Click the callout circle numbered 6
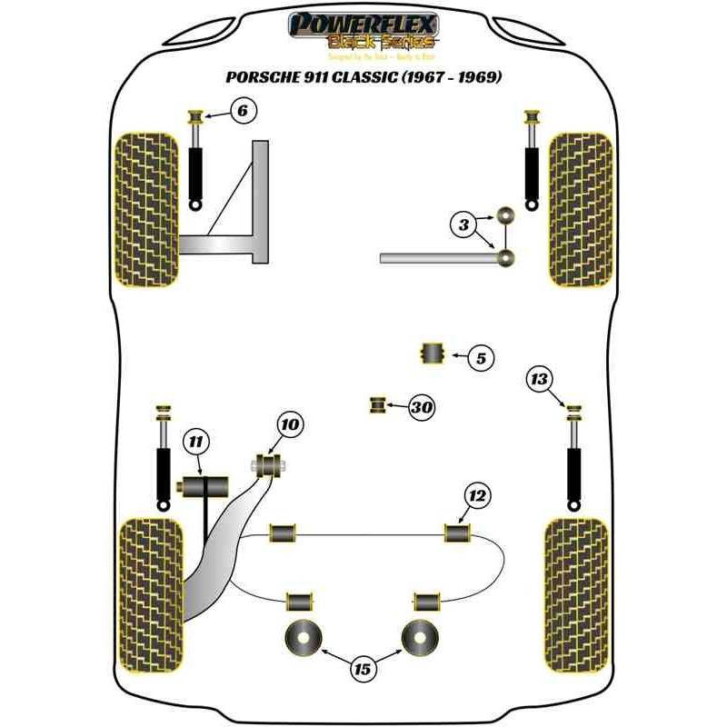[242, 112]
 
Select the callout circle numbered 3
[463, 223]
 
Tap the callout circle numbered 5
[481, 359]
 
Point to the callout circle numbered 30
[421, 407]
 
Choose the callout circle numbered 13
[540, 379]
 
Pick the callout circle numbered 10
[290, 424]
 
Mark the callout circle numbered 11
[194, 443]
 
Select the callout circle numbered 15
[363, 670]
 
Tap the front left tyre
[144, 209]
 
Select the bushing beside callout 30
[377, 404]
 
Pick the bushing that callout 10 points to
[268, 466]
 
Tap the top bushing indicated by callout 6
[194, 117]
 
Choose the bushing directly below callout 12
[456, 532]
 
